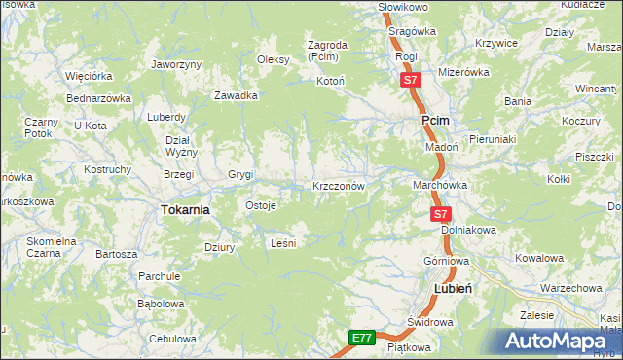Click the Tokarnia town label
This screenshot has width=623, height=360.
pos(185,209)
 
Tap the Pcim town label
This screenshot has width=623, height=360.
pos(433,120)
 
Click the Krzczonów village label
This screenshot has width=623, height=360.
pos(338,185)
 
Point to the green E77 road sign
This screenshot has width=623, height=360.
pos(362,338)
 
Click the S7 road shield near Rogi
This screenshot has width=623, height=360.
pos(410,81)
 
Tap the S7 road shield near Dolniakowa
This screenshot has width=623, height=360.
pos(441,213)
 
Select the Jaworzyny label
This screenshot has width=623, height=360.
pos(176,64)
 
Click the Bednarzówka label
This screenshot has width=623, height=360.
pos(98,98)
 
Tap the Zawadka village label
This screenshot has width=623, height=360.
pos(236,95)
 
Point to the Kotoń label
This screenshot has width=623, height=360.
pos(331,81)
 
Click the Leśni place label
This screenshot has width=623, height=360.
pos(281,243)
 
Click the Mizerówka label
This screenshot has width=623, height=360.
pos(462,72)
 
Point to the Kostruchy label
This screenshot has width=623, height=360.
pos(108,169)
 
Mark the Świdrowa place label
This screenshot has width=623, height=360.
pos(426,321)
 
